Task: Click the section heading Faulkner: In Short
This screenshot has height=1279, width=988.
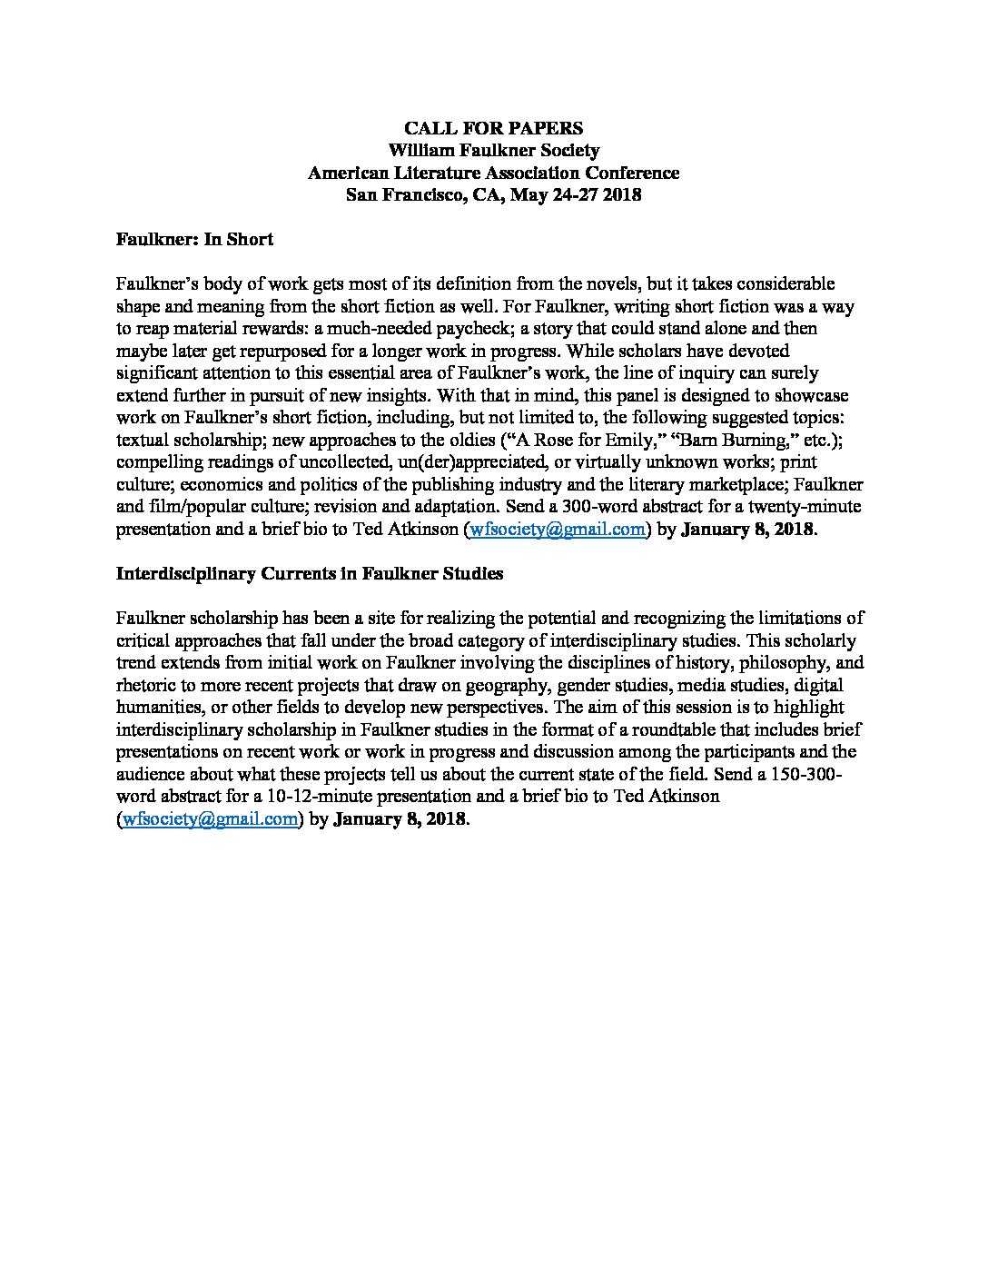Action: coord(194,239)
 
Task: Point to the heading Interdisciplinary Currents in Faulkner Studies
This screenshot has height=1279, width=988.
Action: coord(310,574)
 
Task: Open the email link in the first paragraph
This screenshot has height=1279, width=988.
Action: coord(557,530)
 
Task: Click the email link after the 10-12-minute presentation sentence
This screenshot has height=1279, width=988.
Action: coord(211,818)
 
